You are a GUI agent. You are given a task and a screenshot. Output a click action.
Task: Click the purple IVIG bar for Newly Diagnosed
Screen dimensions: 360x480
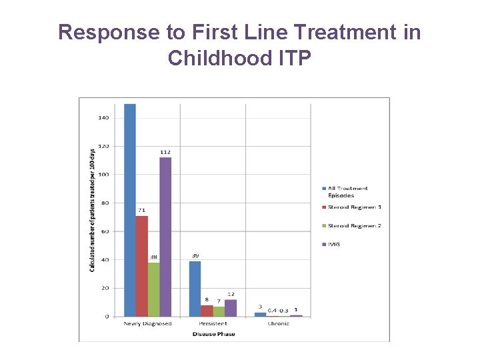(165, 237)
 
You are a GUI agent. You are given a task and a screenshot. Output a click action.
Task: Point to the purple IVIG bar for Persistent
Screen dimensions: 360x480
(231, 308)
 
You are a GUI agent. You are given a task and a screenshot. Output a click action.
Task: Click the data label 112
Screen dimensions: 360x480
(165, 152)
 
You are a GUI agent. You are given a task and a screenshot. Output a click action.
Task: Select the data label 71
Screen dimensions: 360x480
(141, 210)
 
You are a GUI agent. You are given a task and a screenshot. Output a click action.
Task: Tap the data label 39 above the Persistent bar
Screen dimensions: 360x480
(195, 255)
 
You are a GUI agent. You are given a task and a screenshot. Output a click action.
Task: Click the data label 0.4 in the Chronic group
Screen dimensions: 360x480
(272, 310)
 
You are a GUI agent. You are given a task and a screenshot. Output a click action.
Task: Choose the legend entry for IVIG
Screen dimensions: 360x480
(333, 245)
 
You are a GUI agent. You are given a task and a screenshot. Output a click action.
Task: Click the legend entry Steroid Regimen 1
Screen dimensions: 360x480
(354, 207)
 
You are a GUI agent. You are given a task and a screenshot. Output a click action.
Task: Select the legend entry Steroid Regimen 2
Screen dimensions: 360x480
(354, 226)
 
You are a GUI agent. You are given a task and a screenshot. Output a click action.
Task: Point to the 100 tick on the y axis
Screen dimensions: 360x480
(104, 175)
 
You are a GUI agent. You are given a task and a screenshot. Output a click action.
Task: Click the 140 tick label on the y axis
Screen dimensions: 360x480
(104, 118)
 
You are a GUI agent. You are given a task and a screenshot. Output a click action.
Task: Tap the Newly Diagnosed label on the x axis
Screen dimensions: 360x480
(147, 324)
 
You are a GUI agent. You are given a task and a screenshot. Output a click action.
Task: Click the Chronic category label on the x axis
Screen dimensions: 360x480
(278, 324)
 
